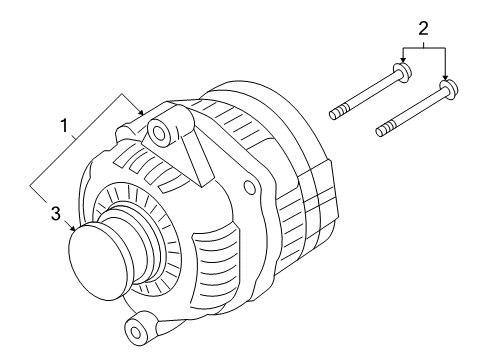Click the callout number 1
(x=66, y=126)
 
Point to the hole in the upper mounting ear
(x=159, y=130)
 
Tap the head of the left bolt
(x=400, y=76)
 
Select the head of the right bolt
(x=449, y=90)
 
